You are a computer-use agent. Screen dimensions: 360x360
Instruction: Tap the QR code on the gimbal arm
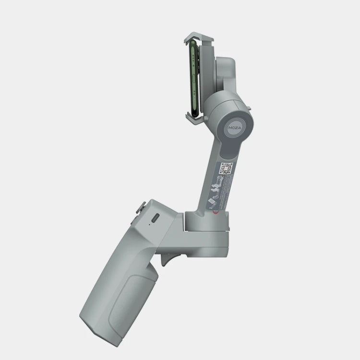tap(227, 168)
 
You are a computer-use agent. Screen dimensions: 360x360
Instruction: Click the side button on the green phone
tap(191, 72)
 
